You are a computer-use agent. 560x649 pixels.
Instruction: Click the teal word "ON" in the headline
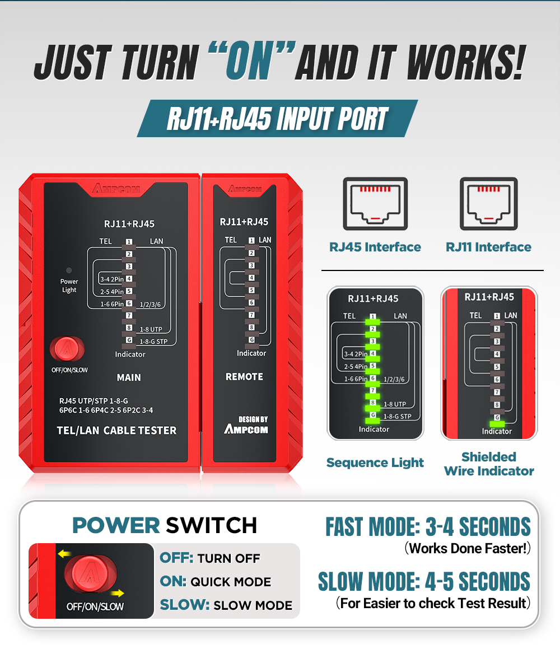pyautogui.click(x=249, y=62)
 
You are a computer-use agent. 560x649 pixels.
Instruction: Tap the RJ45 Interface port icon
pyautogui.click(x=375, y=204)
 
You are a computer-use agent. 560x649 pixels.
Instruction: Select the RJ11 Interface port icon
pyautogui.click(x=488, y=204)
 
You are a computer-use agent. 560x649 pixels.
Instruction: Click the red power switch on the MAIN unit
pyautogui.click(x=67, y=349)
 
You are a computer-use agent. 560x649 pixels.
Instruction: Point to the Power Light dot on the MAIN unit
pyautogui.click(x=69, y=270)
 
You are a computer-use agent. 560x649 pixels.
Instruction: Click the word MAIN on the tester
pyautogui.click(x=129, y=377)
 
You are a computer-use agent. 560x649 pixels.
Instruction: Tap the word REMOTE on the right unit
pyautogui.click(x=244, y=377)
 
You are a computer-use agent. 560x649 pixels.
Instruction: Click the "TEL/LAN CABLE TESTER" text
pyautogui.click(x=116, y=431)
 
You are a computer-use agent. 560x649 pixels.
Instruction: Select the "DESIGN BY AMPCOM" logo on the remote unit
pyautogui.click(x=246, y=425)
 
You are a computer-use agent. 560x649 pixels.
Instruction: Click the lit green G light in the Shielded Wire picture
pyautogui.click(x=497, y=424)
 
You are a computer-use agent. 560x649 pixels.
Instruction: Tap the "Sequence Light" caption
pyautogui.click(x=375, y=463)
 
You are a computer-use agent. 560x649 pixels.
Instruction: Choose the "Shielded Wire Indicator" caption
pyautogui.click(x=489, y=464)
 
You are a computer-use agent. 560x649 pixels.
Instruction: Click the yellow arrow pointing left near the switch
pyautogui.click(x=64, y=554)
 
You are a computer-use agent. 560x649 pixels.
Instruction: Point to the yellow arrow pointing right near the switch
pyautogui.click(x=118, y=592)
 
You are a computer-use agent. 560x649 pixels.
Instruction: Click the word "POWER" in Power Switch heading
pyautogui.click(x=116, y=525)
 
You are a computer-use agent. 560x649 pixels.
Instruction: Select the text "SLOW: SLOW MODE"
pyautogui.click(x=226, y=605)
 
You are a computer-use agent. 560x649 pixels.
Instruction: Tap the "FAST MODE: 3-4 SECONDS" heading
pyautogui.click(x=428, y=526)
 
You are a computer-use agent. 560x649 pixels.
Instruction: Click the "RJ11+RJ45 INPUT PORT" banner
pyautogui.click(x=277, y=118)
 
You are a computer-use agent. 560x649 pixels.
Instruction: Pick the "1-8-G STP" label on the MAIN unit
pyautogui.click(x=153, y=342)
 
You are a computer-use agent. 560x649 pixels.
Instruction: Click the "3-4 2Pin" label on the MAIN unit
pyautogui.click(x=112, y=279)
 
